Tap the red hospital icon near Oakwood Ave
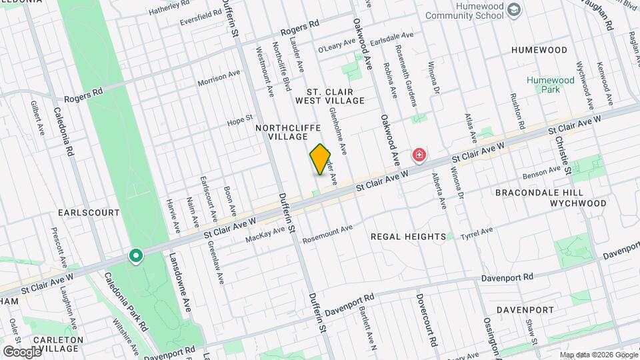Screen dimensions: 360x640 coord(419,156)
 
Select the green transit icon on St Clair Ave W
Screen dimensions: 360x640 coord(135,256)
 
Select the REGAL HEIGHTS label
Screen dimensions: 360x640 coord(408,237)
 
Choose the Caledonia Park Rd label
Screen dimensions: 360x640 coord(125,301)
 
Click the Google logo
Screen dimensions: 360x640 coord(23,351)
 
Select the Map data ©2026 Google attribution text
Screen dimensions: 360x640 coord(597,354)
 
